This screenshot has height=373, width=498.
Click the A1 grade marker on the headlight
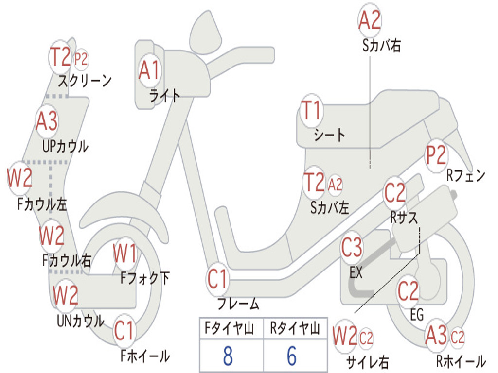(x=149, y=70)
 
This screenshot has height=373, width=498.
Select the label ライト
(x=164, y=96)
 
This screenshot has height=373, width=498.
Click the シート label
(x=329, y=135)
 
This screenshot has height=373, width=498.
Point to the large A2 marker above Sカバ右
(x=370, y=19)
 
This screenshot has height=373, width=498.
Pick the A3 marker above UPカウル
(x=47, y=121)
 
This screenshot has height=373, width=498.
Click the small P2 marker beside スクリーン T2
(x=81, y=59)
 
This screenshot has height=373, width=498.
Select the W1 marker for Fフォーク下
(x=125, y=254)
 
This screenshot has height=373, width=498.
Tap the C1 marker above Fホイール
(x=124, y=331)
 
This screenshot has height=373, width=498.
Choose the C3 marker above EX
(x=352, y=247)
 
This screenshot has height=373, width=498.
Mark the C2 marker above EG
(x=409, y=291)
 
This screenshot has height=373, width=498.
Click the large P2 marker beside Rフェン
(x=436, y=155)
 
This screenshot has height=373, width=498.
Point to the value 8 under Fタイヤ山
(x=228, y=356)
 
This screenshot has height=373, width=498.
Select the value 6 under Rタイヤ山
(x=292, y=356)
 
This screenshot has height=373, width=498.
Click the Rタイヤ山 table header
(x=295, y=328)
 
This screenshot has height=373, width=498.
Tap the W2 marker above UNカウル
(x=66, y=295)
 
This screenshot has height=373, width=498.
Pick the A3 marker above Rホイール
(x=436, y=335)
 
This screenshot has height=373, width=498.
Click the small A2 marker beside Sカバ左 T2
(x=335, y=184)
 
